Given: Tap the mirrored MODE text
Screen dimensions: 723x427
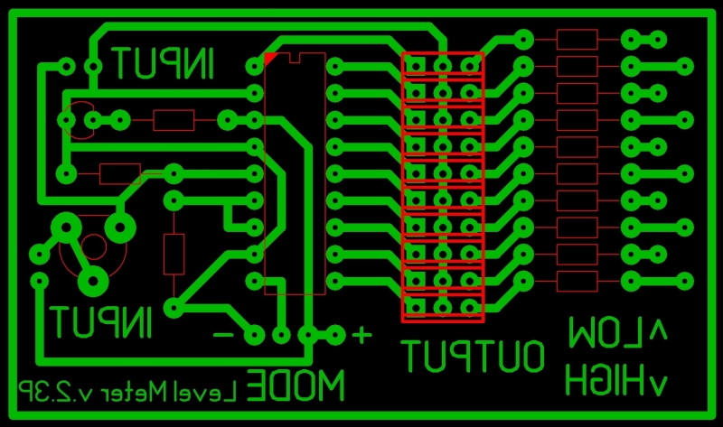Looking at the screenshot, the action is click(296, 386).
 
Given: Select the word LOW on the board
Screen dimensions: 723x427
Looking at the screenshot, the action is click(605, 334).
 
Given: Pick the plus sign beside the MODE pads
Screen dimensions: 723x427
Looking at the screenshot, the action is click(361, 336).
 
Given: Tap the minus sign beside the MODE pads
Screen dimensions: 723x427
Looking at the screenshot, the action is click(221, 335).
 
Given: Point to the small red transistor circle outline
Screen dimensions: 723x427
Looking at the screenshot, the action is click(78, 119).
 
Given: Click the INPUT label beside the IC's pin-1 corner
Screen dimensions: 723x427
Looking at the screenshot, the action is click(164, 63).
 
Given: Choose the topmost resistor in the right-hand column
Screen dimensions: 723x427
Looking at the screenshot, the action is click(577, 39).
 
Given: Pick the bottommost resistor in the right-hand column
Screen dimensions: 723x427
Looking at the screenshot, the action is click(577, 282).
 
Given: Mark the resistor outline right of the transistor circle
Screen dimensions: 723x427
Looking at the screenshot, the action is click(174, 119).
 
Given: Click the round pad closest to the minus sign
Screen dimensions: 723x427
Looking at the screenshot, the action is click(254, 335).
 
